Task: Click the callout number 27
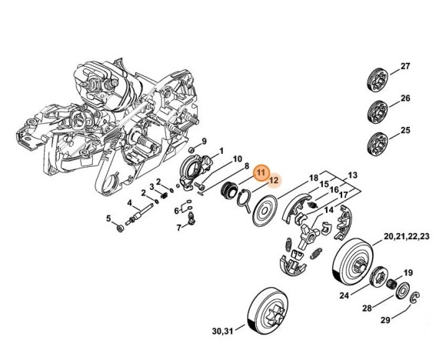point(405,67)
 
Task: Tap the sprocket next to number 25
point(376,141)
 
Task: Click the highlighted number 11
point(261,173)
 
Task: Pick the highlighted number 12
point(275,182)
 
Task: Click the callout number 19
point(408,272)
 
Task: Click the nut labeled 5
point(119,228)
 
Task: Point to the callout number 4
point(130,204)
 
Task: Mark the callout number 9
point(204,141)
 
